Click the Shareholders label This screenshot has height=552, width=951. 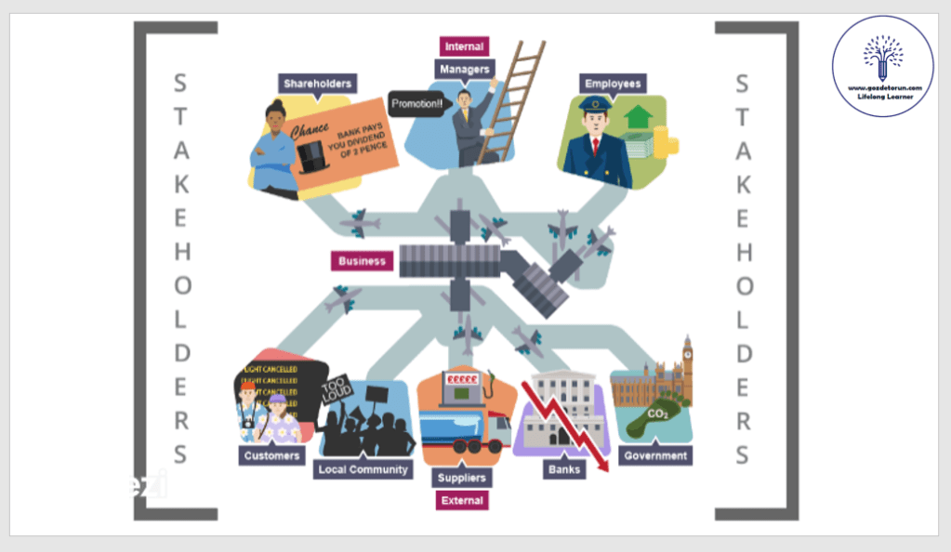tap(317, 84)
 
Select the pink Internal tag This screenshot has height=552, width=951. tap(463, 46)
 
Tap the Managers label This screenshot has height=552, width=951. tap(463, 69)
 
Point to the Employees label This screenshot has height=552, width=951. tap(613, 84)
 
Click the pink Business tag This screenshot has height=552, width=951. tap(362, 261)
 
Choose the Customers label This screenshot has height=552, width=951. tap(271, 455)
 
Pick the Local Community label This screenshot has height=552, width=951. tap(363, 469)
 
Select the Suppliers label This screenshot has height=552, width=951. tap(462, 478)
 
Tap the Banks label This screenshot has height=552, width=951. tap(563, 469)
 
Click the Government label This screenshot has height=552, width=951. tap(655, 455)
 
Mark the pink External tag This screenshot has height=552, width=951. tap(462, 500)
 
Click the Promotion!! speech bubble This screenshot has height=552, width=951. tap(417, 104)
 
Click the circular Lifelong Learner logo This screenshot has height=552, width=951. tap(882, 66)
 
